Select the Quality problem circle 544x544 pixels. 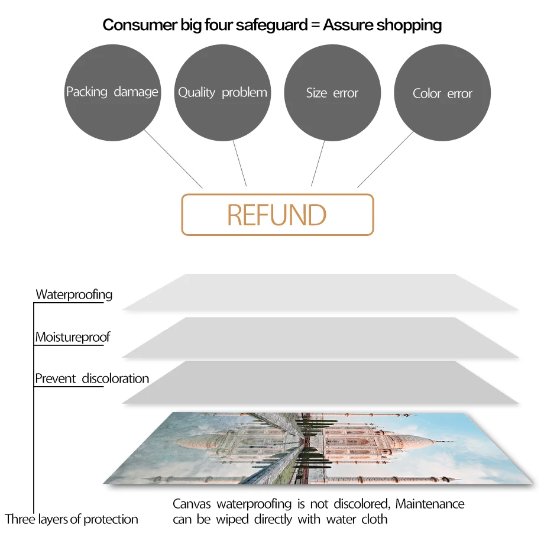pos(222,92)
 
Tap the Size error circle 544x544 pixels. pos(332,93)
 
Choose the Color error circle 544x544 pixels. pos(442,93)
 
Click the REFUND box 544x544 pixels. pos(277,215)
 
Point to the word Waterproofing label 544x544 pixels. pos(74,294)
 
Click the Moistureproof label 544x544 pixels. pos(72,338)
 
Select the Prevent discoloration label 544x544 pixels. pos(92,378)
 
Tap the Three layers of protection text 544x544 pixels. pos(72,519)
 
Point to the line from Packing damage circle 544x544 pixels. pos(173,158)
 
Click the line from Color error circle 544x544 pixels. pos(386,158)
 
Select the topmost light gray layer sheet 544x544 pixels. pos(319,292)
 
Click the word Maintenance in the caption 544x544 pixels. pos(430,504)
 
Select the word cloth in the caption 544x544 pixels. pos(374,519)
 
